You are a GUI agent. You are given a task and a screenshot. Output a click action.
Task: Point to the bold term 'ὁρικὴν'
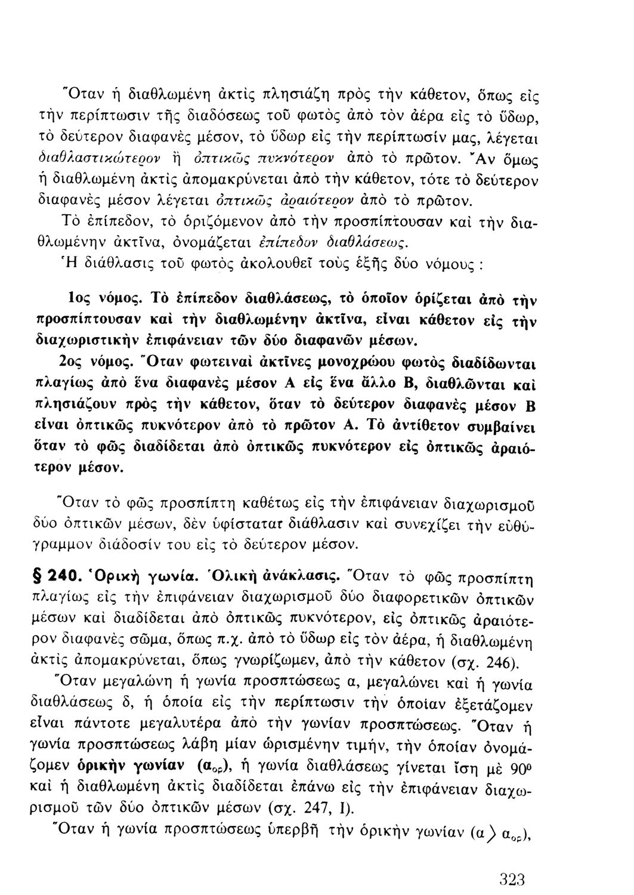(104, 767)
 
